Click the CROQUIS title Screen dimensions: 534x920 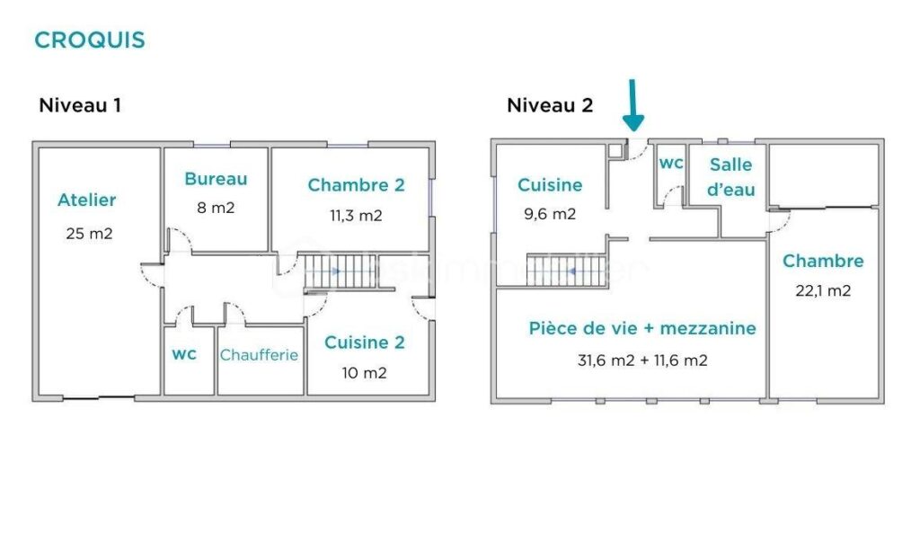pos(89,40)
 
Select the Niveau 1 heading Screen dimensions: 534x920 pos(80,105)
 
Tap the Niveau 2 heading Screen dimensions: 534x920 pos(550,105)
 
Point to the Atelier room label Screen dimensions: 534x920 pos(87,200)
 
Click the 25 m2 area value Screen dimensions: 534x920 pos(89,234)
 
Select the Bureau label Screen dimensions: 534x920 pos(216,179)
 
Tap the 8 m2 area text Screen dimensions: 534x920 pos(216,208)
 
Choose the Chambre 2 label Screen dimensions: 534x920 pos(356,185)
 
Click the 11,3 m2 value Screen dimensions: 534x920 pos(357,215)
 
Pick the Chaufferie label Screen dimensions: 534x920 pos(259,355)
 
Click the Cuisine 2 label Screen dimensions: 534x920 pos(364,343)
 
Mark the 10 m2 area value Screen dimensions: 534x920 pos(363,372)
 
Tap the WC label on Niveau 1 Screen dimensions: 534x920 pos(184,355)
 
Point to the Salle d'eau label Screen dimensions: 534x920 pos(730,177)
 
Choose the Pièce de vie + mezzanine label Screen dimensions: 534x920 pos(641,329)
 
